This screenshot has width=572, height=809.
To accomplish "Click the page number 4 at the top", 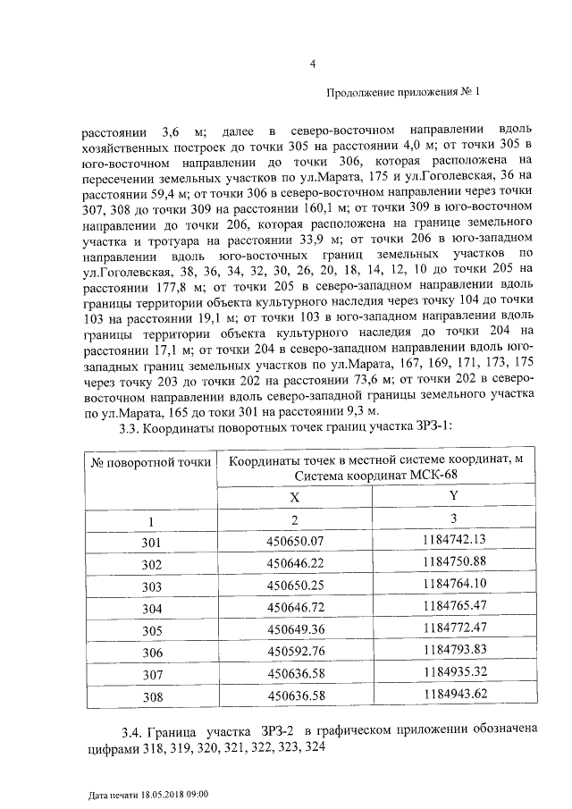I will tap(313, 63).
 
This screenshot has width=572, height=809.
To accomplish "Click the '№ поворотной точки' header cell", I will tap(151, 462).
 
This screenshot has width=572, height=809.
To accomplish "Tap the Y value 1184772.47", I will tap(453, 627).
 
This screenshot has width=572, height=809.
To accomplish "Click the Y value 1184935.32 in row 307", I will tap(453, 670).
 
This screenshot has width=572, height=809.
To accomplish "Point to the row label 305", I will tap(151, 628).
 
